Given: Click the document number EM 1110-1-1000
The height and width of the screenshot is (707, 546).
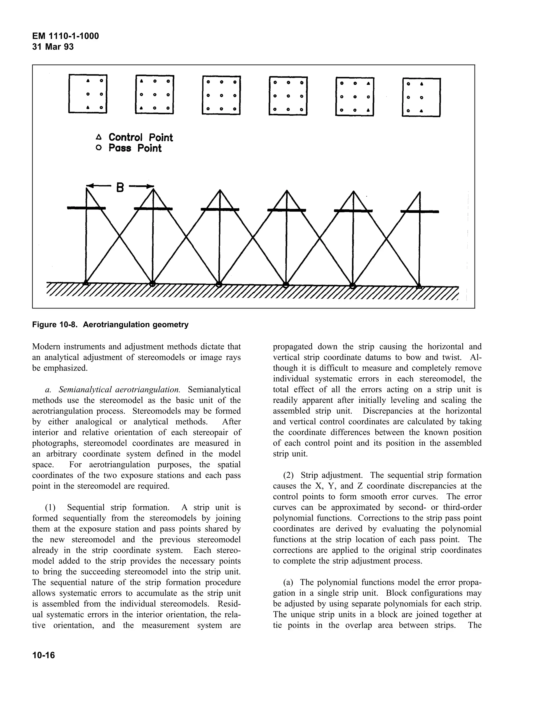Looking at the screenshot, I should pos(66,36).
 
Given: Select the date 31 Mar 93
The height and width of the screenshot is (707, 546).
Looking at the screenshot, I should pos(53,47).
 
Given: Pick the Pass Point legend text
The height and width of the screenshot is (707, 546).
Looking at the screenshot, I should pos(135,148).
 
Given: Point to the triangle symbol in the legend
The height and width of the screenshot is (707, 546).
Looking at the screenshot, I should pos(99,136).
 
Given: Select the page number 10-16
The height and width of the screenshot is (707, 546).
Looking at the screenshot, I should pos(44,655).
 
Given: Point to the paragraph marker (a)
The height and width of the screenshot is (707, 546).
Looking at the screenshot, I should pos(288,582).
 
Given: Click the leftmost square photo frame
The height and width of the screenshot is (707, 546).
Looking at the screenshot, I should pos(88,94).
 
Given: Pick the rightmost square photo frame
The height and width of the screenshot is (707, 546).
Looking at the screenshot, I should pos(421,97).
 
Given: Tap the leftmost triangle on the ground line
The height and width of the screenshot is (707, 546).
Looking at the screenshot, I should pos(86,283).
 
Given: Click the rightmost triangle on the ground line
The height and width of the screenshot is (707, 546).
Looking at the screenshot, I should pos(419,286).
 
